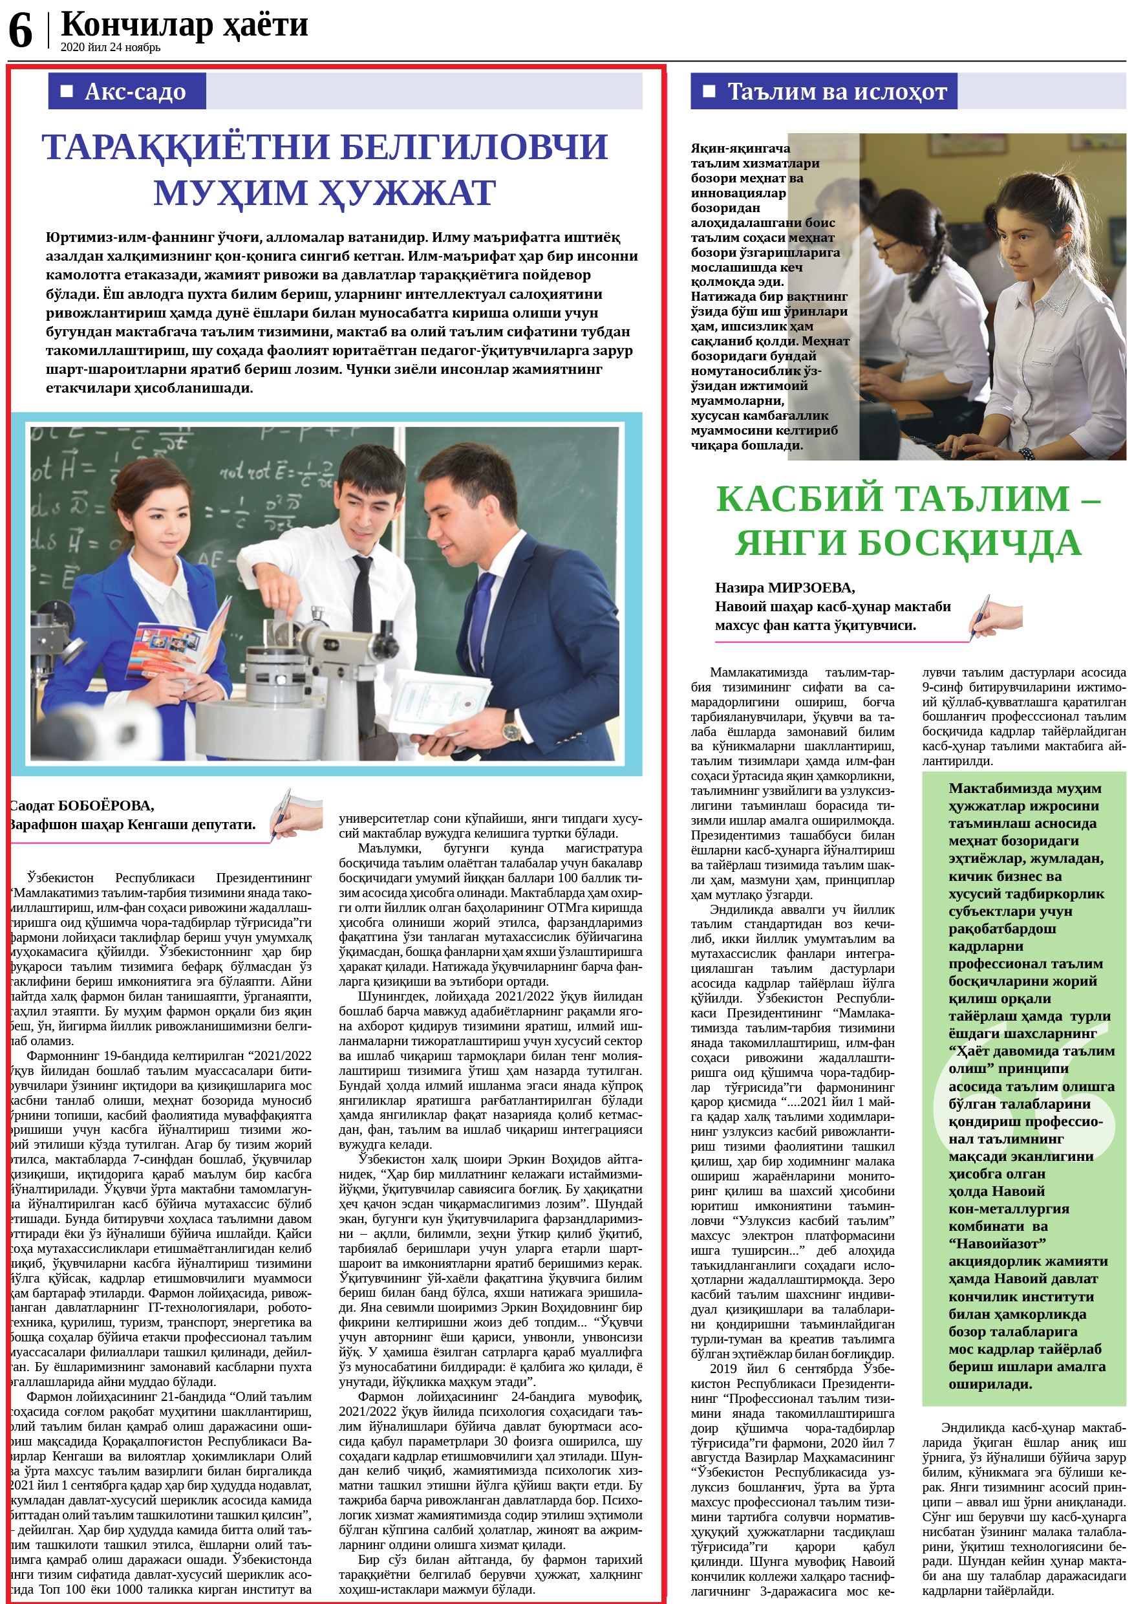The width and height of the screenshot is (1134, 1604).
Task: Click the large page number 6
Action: (x=21, y=32)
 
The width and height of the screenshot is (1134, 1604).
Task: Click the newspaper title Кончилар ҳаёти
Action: (x=184, y=25)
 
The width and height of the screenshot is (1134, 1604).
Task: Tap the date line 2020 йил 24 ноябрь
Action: (x=111, y=47)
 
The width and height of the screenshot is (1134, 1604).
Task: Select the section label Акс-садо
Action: (x=134, y=91)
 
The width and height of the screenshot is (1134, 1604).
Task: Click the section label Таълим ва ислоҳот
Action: (x=837, y=91)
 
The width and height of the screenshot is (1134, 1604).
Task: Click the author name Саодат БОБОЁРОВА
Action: (x=81, y=805)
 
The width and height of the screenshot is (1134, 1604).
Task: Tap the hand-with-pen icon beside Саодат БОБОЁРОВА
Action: (x=296, y=813)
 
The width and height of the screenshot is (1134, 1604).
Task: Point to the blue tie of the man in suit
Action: (x=482, y=612)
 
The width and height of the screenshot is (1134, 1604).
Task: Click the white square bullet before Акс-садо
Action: (x=67, y=91)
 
